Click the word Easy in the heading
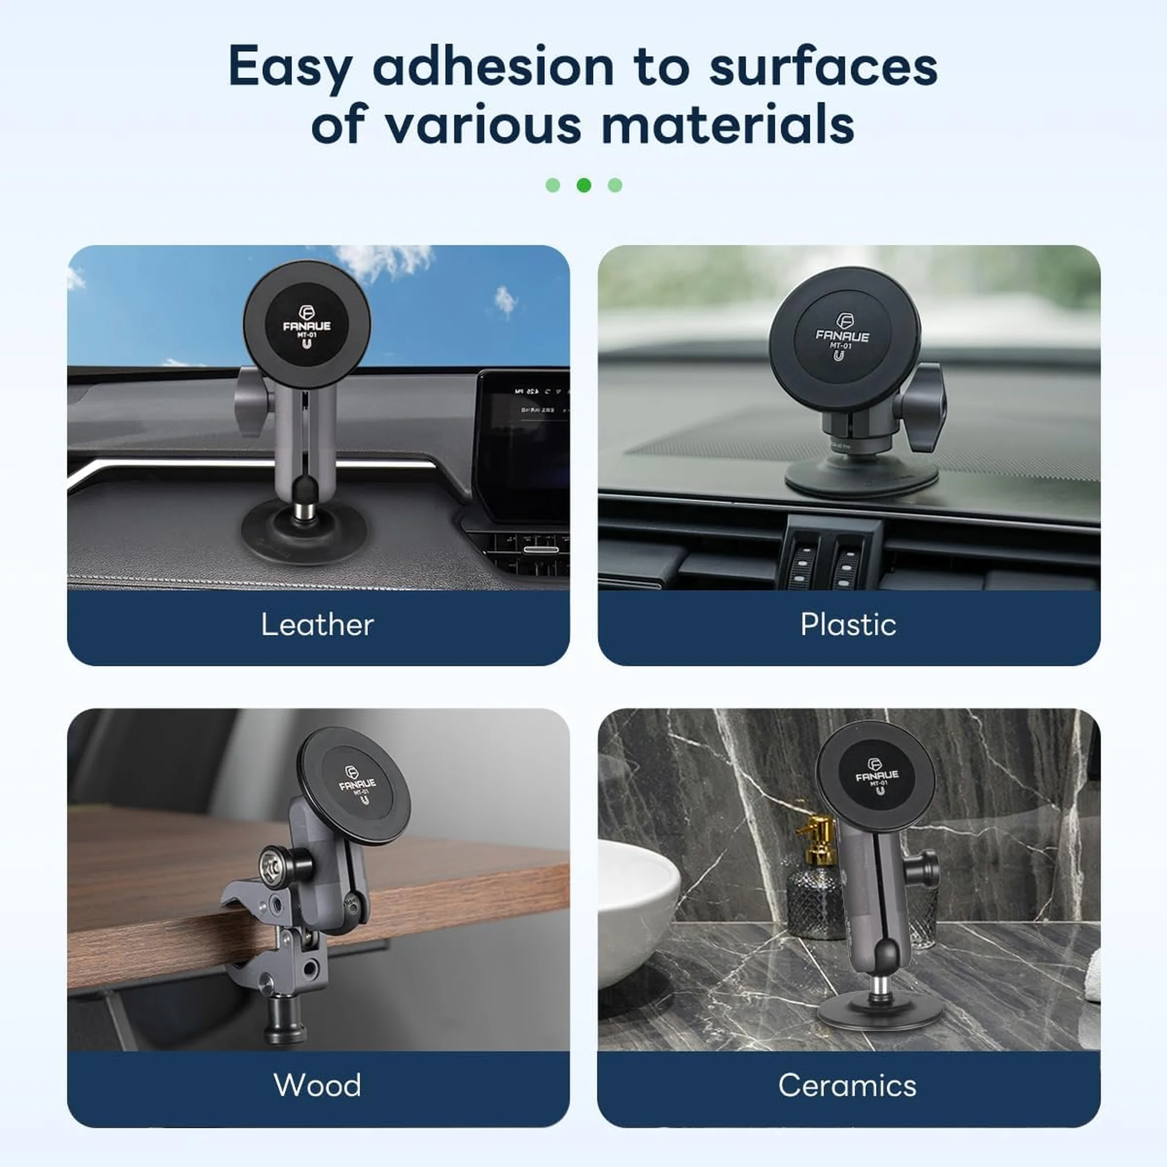[290, 68]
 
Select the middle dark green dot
[583, 185]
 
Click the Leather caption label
[318, 625]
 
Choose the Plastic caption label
[848, 625]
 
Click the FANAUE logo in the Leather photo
[307, 325]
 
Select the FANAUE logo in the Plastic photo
[842, 336]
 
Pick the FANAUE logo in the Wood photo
[358, 784]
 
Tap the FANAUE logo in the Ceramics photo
[877, 775]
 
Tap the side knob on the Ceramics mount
[927, 870]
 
